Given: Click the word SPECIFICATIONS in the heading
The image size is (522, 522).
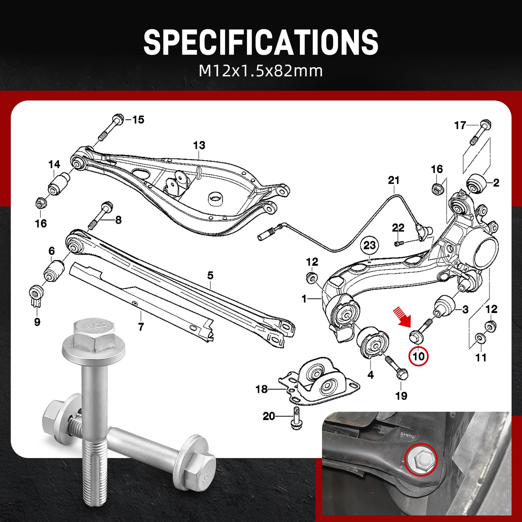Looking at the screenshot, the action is point(261,42).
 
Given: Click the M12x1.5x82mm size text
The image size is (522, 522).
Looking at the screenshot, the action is point(261,71).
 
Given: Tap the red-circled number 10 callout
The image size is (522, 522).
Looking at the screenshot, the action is point(419,356).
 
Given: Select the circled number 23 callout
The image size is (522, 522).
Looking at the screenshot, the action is point(370,245).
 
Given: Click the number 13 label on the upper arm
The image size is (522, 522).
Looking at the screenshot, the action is point(199,145).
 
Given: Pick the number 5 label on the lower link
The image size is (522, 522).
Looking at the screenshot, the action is point(210,275).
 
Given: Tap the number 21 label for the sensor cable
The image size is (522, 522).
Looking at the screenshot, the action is point(394,180).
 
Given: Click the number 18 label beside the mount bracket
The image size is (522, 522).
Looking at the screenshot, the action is point(261,389).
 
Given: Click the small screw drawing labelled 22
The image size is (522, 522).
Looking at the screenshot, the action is point(399,243).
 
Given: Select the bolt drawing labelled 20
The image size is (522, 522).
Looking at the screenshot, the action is point(296,418).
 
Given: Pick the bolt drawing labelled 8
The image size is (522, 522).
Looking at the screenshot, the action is point(100,216).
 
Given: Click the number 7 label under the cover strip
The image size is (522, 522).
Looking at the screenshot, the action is point(141,327).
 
